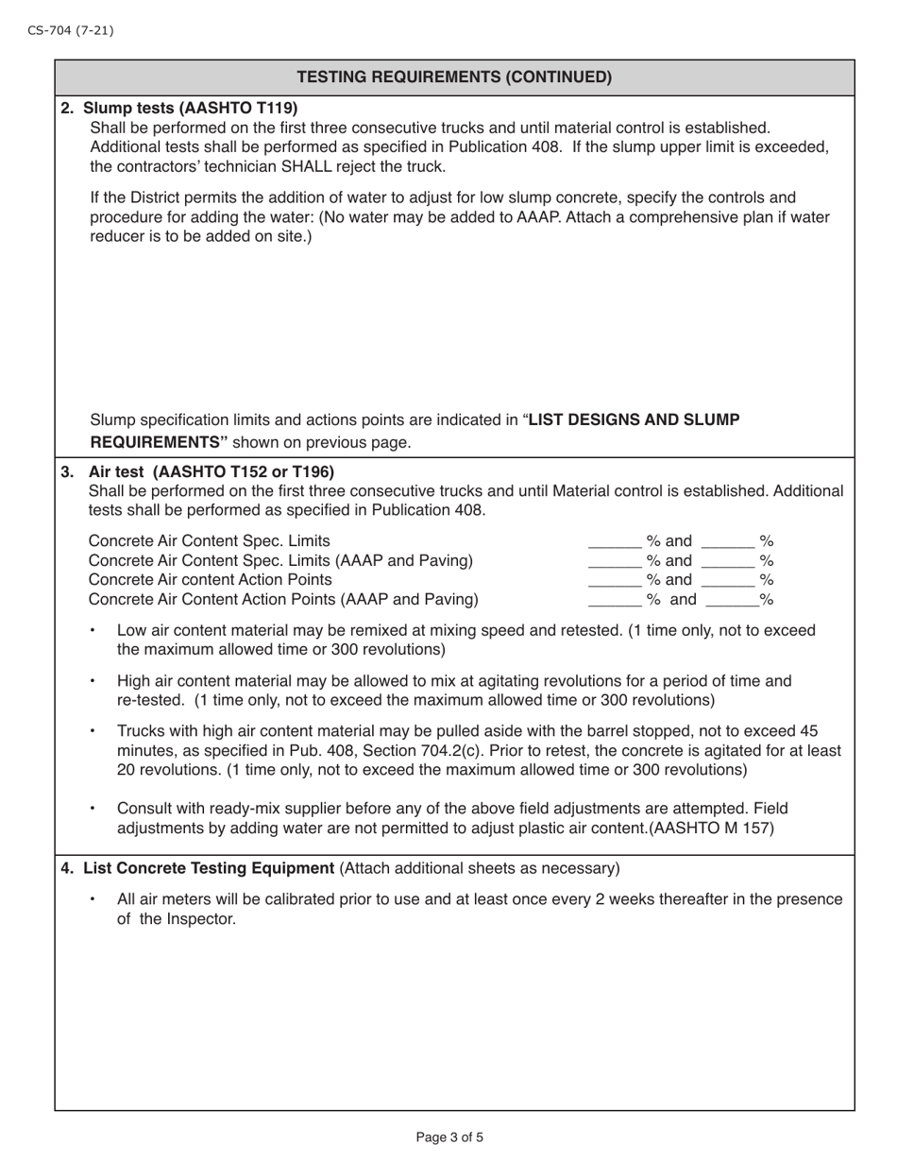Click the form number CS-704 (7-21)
point(70,30)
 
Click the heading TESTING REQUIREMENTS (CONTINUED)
point(454,77)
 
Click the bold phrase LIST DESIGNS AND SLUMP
point(634,419)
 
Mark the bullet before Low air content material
point(92,630)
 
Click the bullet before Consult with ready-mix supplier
point(92,809)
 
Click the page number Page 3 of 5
point(449,1137)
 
